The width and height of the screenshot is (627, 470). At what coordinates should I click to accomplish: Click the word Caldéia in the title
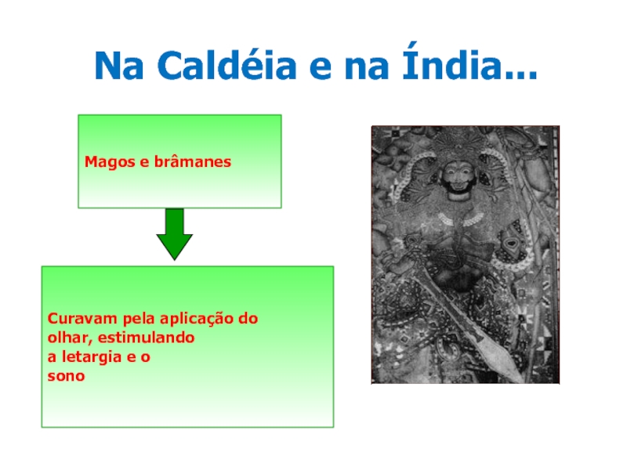[x=227, y=64]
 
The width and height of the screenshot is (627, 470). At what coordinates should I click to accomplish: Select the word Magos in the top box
[x=110, y=162]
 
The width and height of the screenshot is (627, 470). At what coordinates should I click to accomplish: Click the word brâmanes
[x=192, y=161]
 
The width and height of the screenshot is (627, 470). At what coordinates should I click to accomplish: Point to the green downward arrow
[x=174, y=234]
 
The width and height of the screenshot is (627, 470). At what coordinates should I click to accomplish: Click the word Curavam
[x=82, y=319]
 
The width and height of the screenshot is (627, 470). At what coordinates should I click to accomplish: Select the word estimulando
[x=147, y=338]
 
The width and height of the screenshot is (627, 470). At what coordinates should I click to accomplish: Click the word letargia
[x=92, y=357]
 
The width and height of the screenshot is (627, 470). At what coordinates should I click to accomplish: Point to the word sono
[x=66, y=377]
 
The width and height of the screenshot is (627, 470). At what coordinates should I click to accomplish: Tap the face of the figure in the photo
[x=458, y=179]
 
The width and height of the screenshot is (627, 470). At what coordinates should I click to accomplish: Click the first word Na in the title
[x=119, y=65]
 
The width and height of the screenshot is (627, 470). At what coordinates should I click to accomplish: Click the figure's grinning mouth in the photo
[x=458, y=189]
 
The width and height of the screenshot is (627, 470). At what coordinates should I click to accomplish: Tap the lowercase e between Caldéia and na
[x=321, y=68]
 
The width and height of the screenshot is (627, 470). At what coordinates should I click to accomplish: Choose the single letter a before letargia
[x=52, y=357]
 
